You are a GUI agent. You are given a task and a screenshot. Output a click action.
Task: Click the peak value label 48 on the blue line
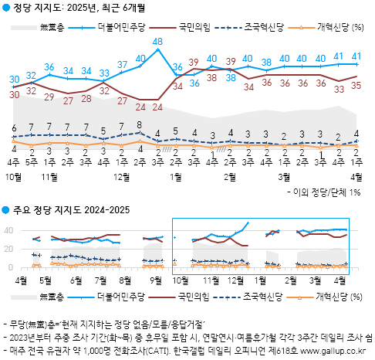(157, 41)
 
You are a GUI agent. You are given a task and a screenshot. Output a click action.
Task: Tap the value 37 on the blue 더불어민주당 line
(122, 64)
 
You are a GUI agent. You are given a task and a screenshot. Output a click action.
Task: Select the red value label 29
(49, 97)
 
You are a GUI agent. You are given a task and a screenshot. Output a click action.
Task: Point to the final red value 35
(356, 85)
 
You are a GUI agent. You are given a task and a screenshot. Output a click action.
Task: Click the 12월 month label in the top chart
(122, 177)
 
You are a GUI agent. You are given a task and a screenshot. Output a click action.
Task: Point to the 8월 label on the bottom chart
(126, 279)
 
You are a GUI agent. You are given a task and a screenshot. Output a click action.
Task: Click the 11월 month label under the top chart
(49, 177)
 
